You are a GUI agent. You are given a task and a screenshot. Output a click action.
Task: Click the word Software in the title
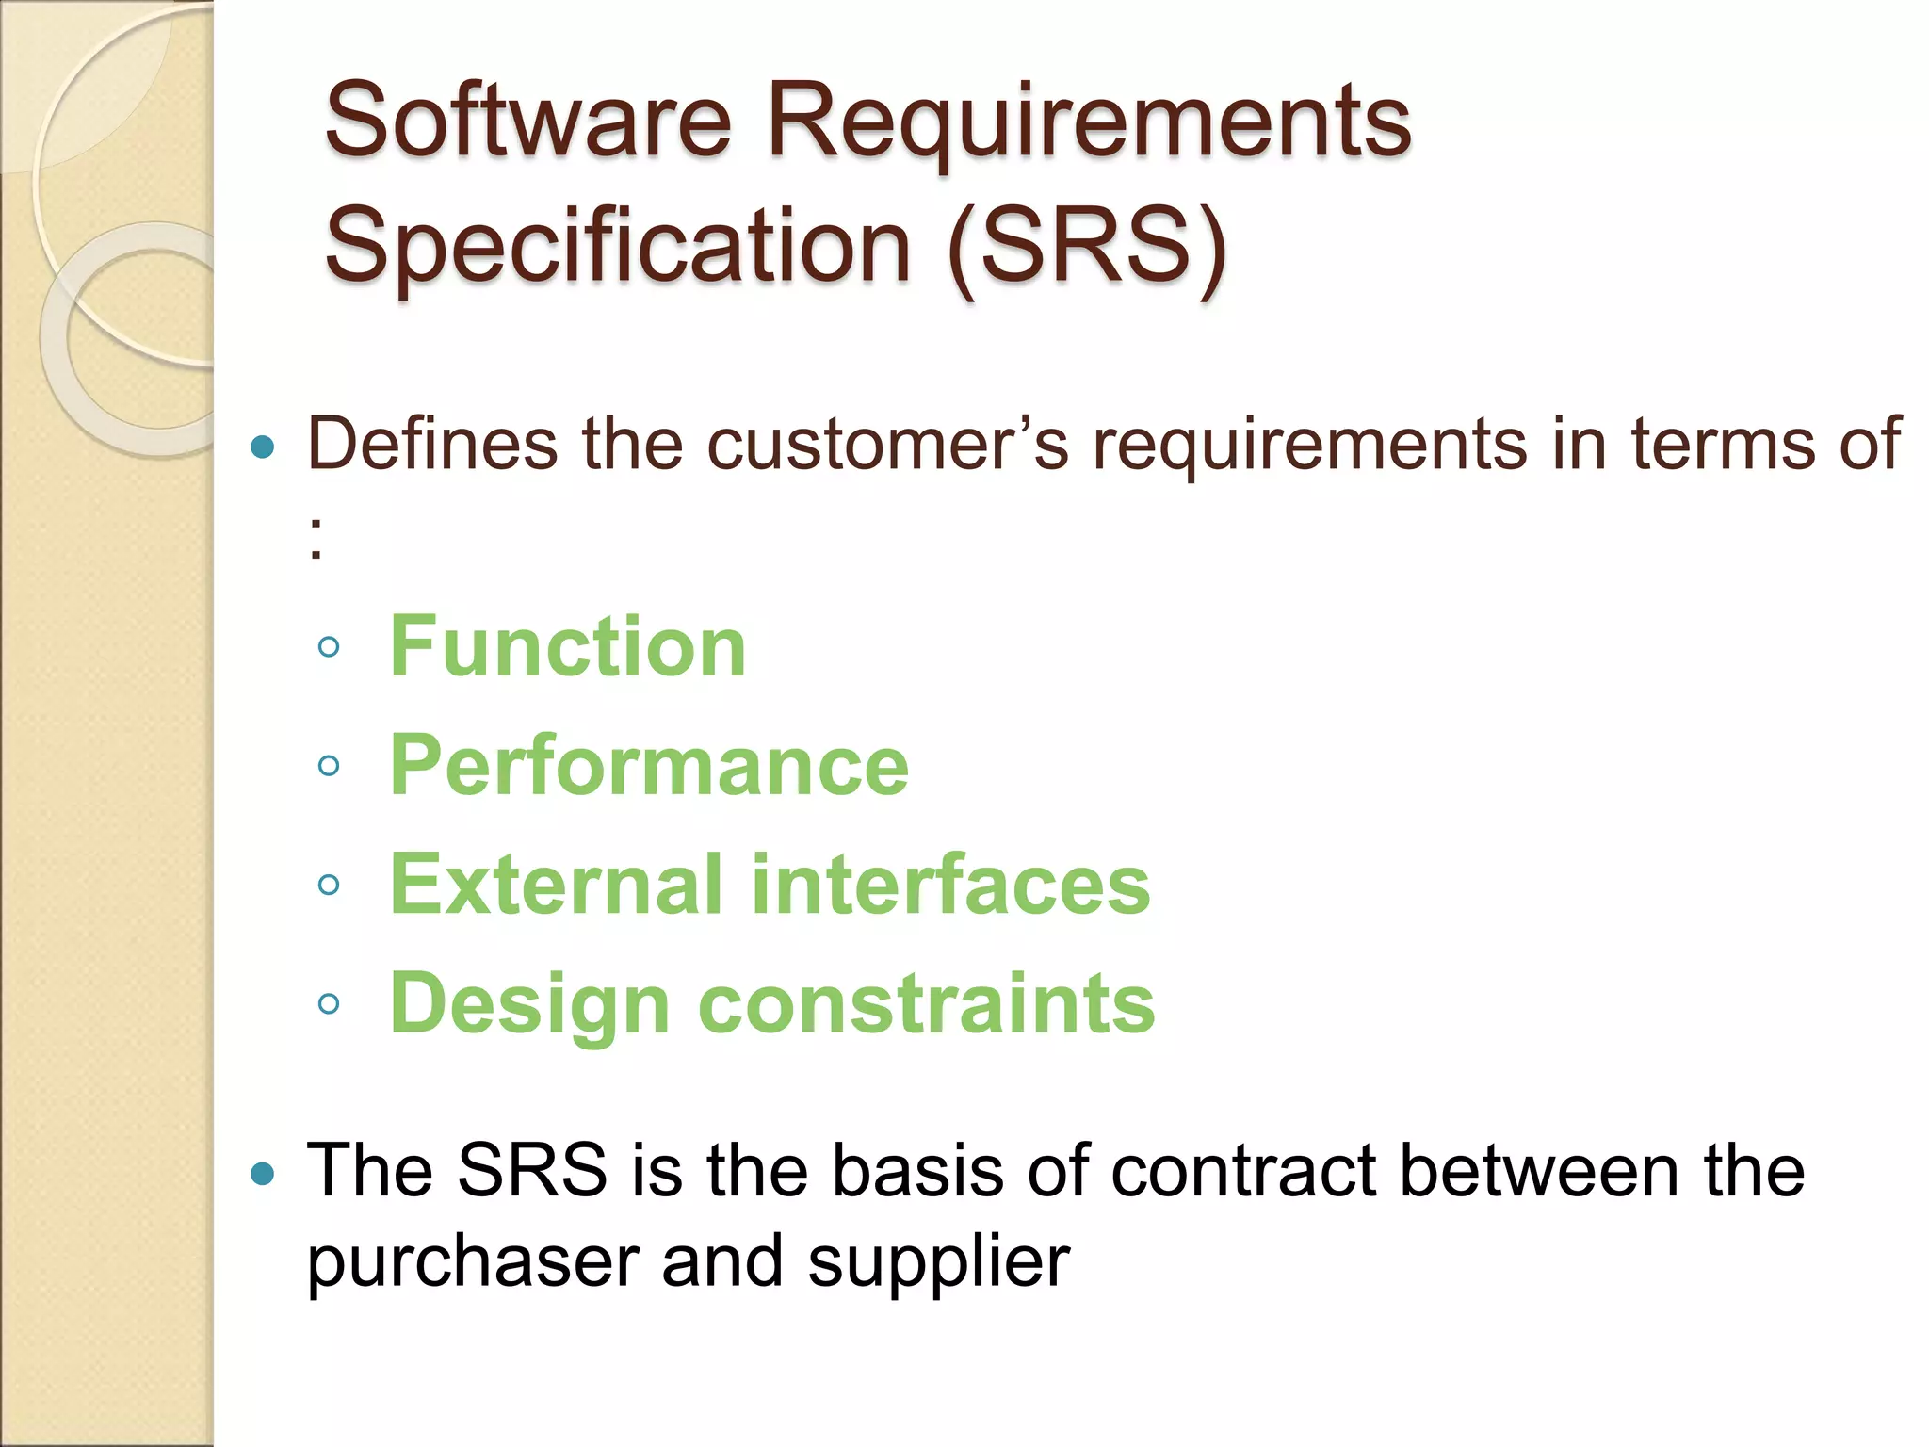[527, 121]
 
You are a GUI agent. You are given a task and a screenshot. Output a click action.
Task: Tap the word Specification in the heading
[617, 247]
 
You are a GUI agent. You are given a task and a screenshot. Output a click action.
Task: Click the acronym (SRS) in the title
[1088, 247]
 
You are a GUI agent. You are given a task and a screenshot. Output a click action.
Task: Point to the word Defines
[432, 443]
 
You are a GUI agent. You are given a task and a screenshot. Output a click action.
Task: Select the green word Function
[568, 646]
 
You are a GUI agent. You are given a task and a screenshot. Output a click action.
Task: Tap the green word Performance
[649, 765]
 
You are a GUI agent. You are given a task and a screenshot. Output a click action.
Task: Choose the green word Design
[529, 1004]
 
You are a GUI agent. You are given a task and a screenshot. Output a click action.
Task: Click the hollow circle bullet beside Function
[329, 646]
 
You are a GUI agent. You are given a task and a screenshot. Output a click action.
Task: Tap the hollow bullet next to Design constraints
[329, 1004]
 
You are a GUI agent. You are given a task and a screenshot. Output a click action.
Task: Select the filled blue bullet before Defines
[264, 447]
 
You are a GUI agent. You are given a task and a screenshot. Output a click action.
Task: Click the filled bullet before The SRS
[264, 1174]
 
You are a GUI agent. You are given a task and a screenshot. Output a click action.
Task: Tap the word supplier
[938, 1263]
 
